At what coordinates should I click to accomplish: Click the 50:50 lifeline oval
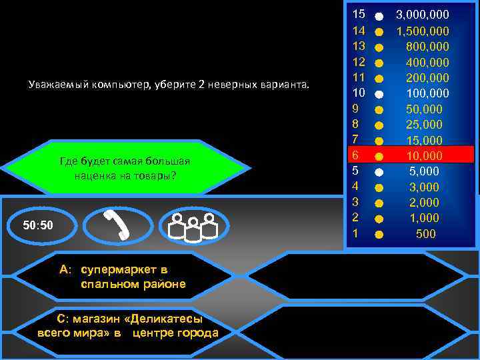38,226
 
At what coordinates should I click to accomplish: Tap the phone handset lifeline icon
118,226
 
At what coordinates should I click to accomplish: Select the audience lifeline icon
194,226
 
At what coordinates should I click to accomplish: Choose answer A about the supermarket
123,277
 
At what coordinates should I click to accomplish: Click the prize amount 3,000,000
423,14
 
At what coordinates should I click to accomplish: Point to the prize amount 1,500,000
423,31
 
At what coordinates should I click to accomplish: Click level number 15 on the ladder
359,14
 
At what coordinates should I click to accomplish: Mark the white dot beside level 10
379,93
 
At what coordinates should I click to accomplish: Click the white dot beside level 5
379,171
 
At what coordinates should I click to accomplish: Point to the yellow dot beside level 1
379,235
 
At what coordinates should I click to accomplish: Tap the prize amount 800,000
427,47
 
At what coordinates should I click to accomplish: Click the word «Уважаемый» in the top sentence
56,85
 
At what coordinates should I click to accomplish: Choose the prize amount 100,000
427,93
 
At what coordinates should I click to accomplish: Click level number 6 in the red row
357,155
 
